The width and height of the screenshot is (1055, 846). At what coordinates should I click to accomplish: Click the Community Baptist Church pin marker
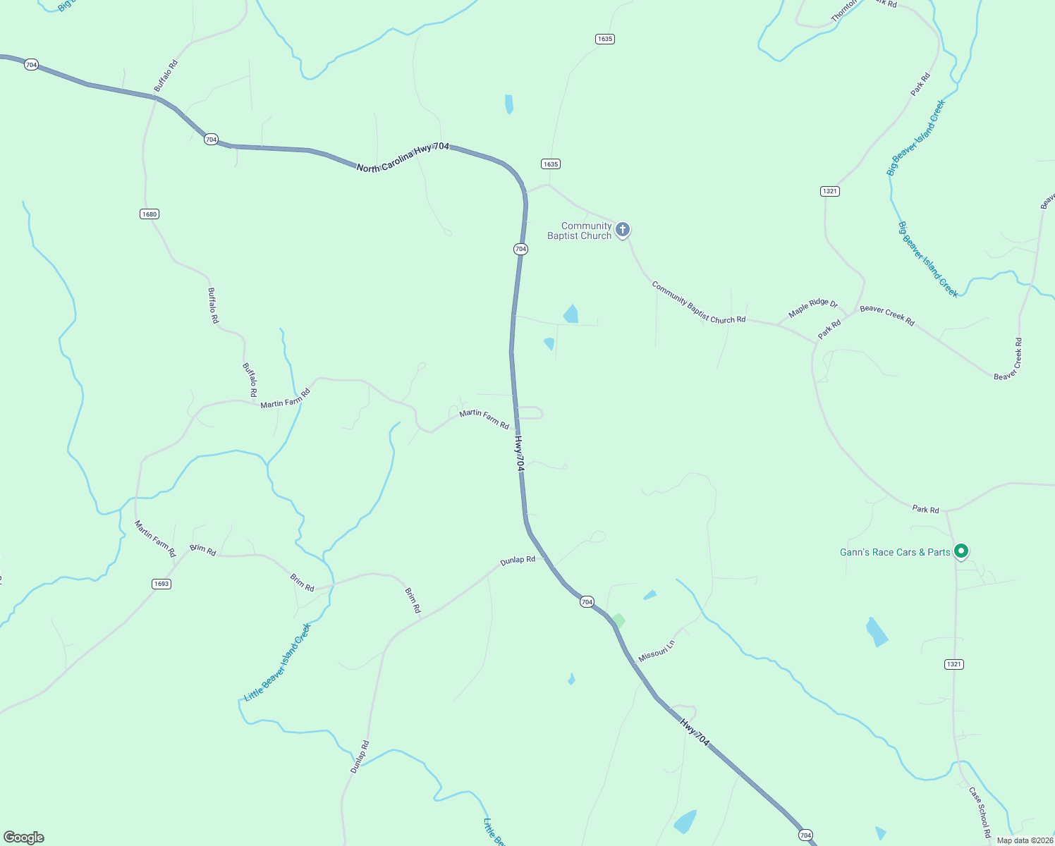[622, 229]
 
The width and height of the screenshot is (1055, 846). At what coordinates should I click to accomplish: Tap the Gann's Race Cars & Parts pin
[961, 551]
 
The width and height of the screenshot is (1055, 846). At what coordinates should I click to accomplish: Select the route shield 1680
[149, 214]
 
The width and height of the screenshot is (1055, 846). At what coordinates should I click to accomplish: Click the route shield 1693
[161, 584]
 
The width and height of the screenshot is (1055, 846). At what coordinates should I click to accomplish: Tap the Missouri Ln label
[656, 651]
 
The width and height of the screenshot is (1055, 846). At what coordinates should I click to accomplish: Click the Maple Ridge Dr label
[812, 308]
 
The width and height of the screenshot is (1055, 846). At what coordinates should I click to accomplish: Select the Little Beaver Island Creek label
[277, 663]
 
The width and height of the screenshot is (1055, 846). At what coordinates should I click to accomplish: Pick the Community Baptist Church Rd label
[698, 302]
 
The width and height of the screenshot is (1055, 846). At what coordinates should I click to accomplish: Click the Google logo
[24, 837]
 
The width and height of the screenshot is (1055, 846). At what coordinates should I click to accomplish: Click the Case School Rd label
[980, 811]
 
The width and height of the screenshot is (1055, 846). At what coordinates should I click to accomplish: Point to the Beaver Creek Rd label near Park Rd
[886, 315]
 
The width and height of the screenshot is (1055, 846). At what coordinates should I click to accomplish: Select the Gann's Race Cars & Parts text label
[895, 552]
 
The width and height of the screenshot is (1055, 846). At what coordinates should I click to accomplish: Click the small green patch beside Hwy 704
[618, 620]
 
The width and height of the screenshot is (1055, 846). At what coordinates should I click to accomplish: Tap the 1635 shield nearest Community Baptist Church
[551, 164]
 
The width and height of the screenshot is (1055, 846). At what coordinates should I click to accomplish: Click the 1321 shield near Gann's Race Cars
[953, 664]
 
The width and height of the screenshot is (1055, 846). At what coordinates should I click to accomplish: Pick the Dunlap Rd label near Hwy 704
[518, 560]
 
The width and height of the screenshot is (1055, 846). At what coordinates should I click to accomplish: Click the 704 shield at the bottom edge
[805, 835]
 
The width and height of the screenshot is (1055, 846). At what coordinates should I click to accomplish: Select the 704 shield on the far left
[30, 65]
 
